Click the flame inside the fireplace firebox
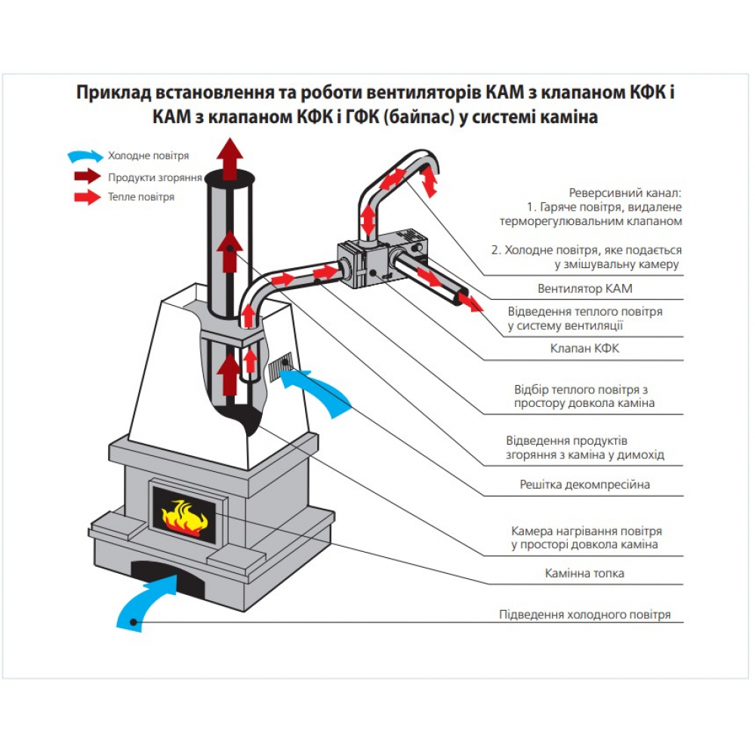185,516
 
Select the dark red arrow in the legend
85,177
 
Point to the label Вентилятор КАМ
586,288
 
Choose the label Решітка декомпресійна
584,485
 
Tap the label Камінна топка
584,574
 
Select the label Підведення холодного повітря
584,615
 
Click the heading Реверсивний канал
626,193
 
